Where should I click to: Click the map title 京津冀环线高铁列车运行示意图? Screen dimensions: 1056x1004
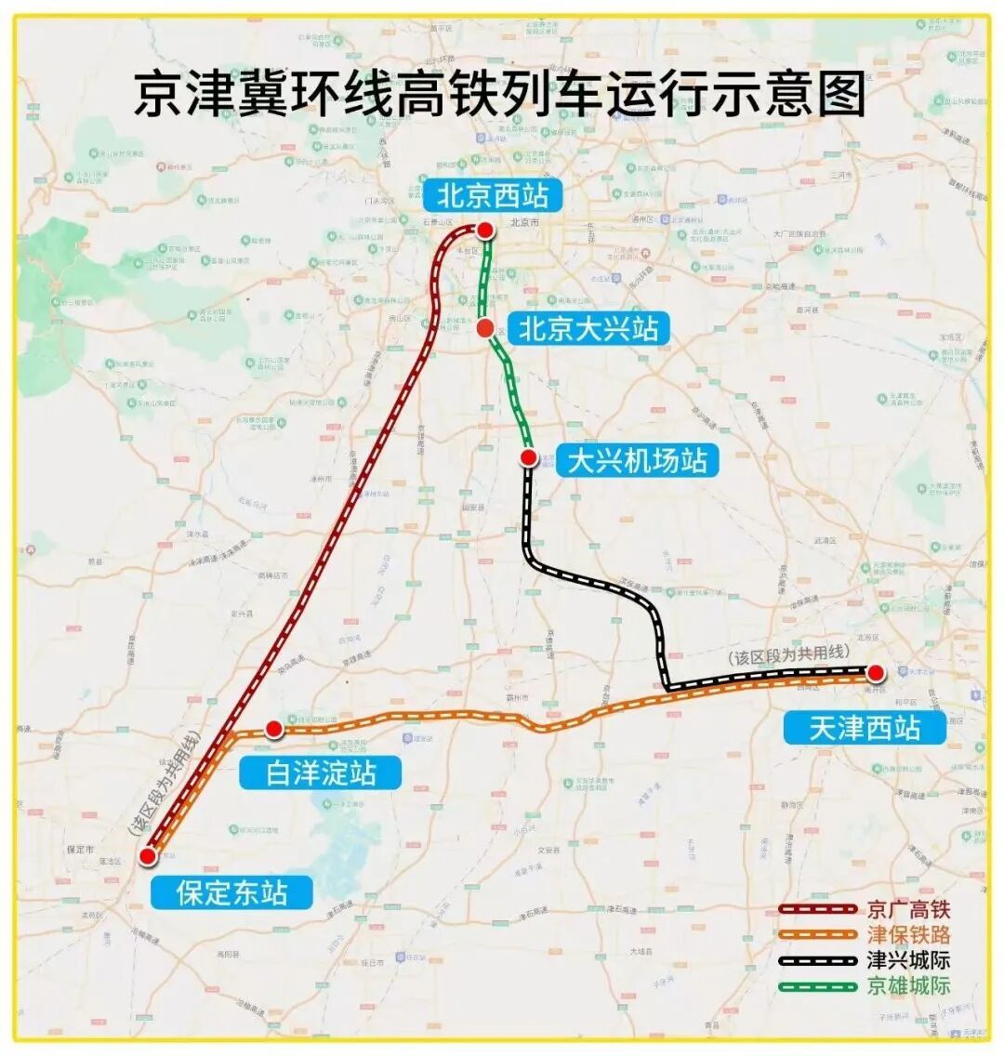500,96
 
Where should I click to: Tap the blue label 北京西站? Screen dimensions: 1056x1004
487,196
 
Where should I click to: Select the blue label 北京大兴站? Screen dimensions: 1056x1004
588,329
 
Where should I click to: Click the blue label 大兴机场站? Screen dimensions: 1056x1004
637,460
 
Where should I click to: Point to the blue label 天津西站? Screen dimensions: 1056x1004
865,727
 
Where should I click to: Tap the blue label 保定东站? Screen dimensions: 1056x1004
231,892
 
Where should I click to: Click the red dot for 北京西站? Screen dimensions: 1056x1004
485,230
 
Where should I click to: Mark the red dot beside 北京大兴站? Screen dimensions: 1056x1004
484,327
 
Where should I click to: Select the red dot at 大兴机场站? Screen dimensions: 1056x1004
528,457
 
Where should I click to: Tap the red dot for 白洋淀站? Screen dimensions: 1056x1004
274,729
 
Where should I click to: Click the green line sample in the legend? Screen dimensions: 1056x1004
817,986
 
